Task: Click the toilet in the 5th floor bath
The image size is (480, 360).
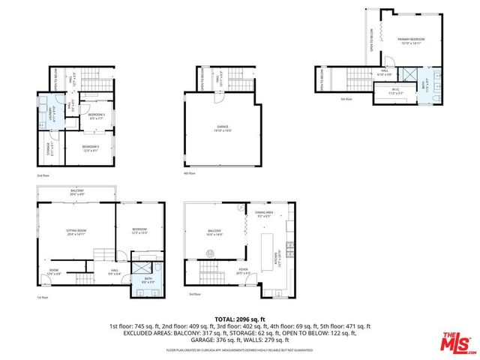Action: point(436,76)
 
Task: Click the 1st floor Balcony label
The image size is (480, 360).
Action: point(77,193)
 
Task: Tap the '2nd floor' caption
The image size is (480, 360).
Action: point(43,175)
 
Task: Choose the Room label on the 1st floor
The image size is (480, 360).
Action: point(54,271)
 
